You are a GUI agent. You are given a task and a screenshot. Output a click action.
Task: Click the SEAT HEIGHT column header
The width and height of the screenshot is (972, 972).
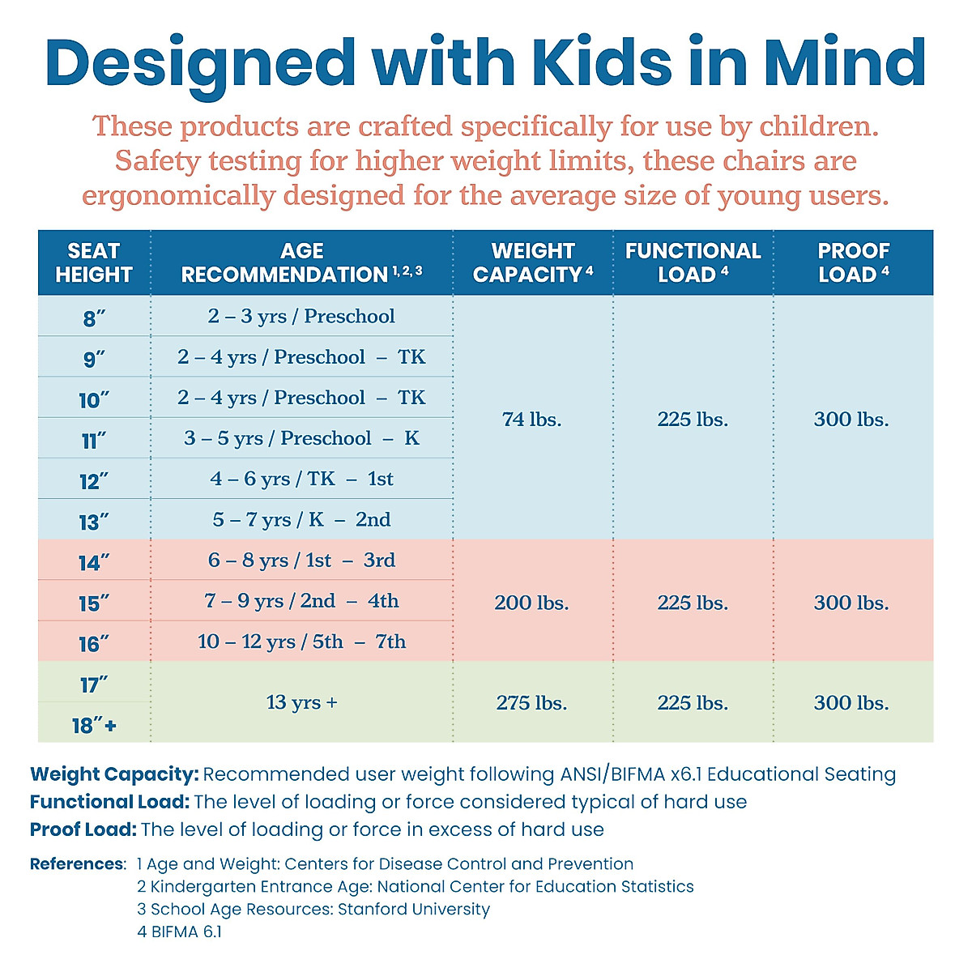click(94, 262)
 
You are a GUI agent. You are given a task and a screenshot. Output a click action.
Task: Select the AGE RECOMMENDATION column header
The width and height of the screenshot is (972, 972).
click(301, 262)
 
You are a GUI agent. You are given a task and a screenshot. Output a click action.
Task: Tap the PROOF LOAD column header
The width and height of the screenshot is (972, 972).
click(853, 262)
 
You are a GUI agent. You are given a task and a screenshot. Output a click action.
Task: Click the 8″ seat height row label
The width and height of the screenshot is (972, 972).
click(94, 318)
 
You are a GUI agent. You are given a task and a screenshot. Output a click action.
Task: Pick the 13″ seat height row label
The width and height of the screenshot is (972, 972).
click(94, 522)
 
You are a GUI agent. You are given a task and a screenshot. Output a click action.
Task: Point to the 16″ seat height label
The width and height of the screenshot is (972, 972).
click(94, 644)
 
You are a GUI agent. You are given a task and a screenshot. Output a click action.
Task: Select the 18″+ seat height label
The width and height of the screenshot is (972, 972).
click(94, 725)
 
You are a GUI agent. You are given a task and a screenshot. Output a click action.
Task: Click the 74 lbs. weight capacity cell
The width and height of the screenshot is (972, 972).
click(531, 419)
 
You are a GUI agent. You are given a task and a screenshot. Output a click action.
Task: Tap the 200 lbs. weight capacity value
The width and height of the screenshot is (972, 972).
click(531, 603)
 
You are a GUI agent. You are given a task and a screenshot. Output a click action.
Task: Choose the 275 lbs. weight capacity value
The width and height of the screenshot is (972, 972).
click(531, 702)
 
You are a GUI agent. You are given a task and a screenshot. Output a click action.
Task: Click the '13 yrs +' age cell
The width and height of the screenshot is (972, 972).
click(301, 702)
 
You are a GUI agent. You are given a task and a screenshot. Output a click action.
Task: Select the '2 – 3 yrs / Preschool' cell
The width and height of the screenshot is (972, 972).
click(301, 316)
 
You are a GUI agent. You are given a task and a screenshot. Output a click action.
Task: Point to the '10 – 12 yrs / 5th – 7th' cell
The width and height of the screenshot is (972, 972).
click(301, 642)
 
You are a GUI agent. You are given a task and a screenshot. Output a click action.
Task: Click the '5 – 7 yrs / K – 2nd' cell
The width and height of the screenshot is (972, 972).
click(301, 519)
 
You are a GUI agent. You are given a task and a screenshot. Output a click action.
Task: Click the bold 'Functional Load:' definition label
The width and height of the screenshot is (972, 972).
click(109, 802)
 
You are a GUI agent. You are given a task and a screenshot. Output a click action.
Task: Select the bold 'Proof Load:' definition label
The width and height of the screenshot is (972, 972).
click(83, 829)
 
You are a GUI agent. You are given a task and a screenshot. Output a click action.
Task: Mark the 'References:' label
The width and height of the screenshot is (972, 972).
click(78, 864)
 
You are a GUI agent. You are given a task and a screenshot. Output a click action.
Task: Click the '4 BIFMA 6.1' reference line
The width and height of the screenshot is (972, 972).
click(179, 932)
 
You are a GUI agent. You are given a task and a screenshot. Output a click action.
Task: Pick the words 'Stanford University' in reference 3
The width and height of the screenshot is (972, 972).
click(413, 909)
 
